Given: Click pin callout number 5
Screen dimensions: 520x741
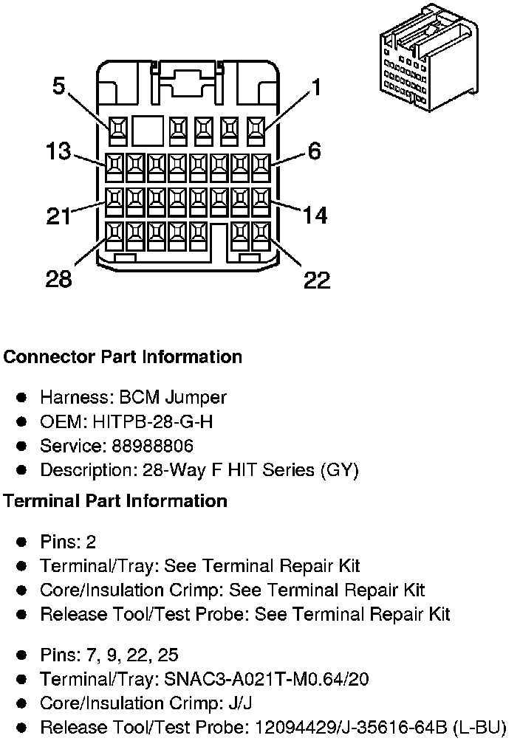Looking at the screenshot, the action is (x=58, y=86).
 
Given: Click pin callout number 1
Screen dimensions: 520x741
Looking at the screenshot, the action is (x=316, y=87).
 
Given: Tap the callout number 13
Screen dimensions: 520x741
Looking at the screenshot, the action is (x=58, y=151).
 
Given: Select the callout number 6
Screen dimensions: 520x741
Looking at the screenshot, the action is (x=315, y=151).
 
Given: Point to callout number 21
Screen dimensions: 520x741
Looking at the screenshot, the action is (x=58, y=216).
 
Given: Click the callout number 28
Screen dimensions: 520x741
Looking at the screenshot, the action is (x=58, y=279).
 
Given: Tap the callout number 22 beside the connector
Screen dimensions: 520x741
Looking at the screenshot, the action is (x=317, y=280).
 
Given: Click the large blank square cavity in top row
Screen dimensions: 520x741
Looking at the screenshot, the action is (x=147, y=131).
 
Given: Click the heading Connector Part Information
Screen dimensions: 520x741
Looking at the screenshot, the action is (x=123, y=356).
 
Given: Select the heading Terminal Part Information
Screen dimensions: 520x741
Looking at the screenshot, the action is (x=115, y=501).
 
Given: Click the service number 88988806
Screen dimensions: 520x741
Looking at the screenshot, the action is (x=152, y=446).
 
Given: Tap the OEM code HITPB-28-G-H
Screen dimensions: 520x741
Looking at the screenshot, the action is (x=152, y=421).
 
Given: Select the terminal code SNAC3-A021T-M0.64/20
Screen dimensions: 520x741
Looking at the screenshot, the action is (x=266, y=680).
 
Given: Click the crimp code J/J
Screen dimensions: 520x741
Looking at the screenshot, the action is (x=240, y=703).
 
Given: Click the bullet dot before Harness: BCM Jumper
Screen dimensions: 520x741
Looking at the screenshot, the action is (x=21, y=397).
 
